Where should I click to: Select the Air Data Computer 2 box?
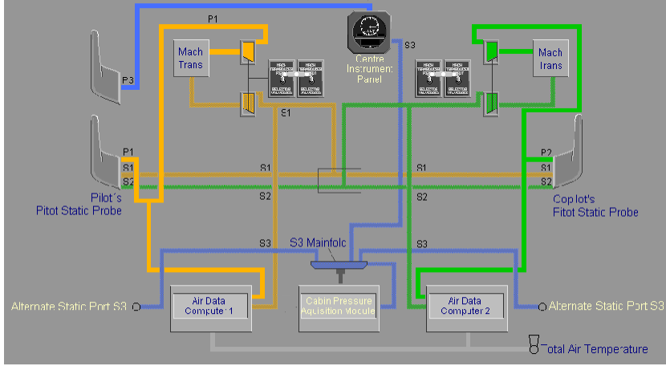point(466,307)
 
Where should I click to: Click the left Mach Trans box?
point(192,58)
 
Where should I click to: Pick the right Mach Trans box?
point(550,58)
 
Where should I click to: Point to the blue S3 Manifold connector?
point(339,264)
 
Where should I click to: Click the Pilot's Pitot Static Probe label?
point(79,204)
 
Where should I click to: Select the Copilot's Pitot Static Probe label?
point(595,205)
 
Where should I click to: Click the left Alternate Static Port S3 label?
point(69,306)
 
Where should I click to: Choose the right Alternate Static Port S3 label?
point(607,306)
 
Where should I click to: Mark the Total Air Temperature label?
point(598,349)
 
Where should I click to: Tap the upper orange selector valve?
point(249,53)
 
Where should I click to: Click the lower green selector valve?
point(490,103)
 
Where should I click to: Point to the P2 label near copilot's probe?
point(546,152)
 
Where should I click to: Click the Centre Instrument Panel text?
point(369,69)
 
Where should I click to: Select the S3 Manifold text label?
point(323,242)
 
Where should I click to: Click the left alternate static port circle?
point(136,307)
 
